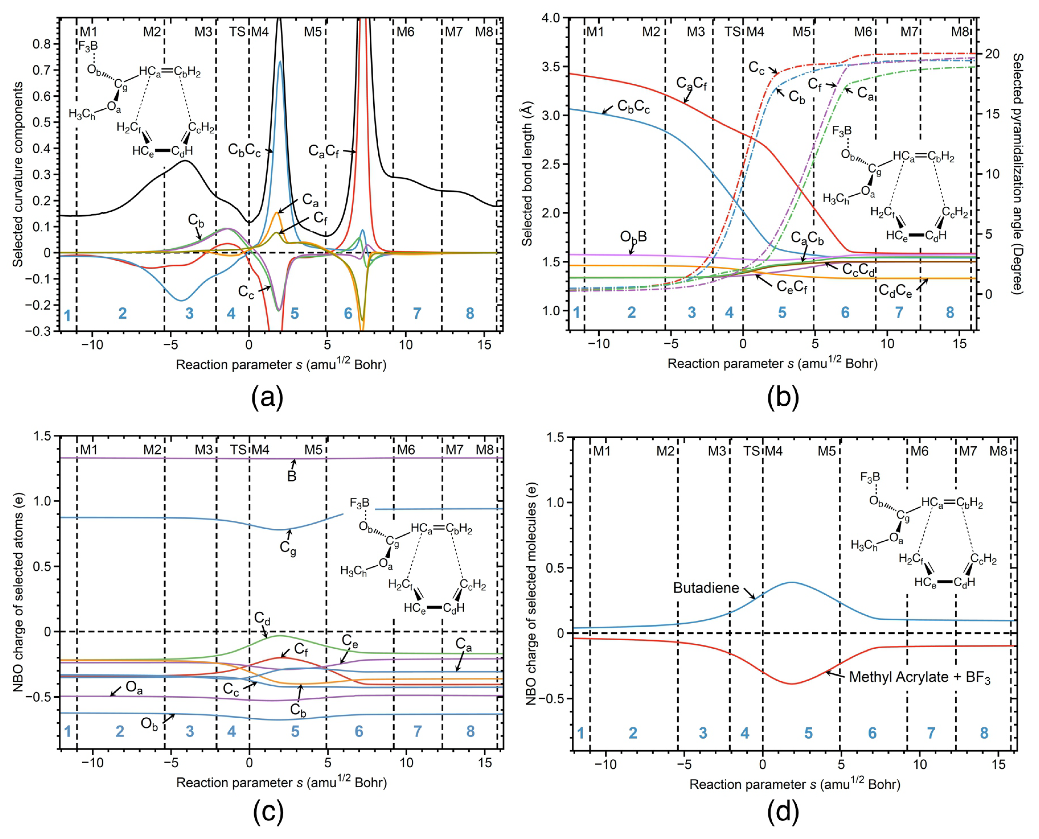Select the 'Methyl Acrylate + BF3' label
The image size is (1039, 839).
(919, 678)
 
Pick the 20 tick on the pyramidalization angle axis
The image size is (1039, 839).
(992, 54)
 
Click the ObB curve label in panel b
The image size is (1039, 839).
(633, 237)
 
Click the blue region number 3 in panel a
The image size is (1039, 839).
(189, 314)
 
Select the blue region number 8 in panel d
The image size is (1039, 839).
(984, 733)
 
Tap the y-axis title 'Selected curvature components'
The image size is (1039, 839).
(18, 174)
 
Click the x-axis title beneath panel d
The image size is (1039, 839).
(794, 784)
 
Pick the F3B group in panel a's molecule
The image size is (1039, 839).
(88, 47)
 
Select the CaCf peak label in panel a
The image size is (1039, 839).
(324, 152)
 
